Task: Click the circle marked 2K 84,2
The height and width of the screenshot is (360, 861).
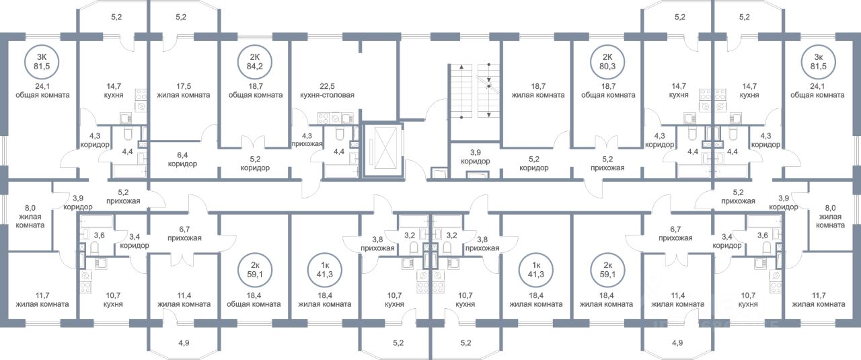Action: [255, 62]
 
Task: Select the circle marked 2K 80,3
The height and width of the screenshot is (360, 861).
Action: [607, 62]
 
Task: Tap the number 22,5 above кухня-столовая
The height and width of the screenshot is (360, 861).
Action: [328, 87]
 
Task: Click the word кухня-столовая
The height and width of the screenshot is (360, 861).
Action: [327, 95]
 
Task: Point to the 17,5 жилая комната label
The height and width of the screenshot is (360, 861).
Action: [184, 91]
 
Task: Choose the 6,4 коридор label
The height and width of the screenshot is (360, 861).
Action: [182, 159]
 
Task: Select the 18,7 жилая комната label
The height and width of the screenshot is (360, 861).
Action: [538, 91]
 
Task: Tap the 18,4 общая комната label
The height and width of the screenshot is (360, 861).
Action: [254, 299]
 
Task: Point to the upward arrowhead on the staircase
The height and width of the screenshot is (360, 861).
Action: [461, 67]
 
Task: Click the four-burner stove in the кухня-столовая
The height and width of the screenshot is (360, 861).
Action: [324, 118]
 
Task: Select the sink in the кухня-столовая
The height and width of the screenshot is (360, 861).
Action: [348, 118]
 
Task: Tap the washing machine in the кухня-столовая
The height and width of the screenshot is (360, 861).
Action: [335, 118]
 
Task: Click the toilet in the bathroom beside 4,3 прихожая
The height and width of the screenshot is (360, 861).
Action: [340, 134]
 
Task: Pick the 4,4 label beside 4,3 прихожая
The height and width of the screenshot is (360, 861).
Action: [338, 151]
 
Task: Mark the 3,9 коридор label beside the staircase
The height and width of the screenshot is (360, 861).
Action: [476, 157]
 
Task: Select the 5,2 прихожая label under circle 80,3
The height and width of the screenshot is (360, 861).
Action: [607, 164]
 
